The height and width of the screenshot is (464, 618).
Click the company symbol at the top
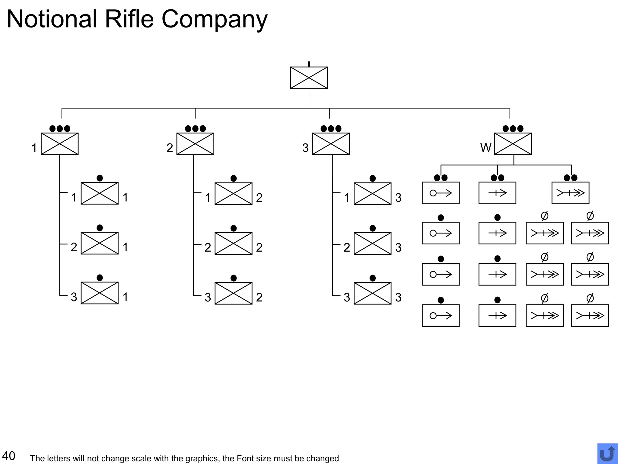tap(309, 78)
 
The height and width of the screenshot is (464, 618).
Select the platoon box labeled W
tap(513, 144)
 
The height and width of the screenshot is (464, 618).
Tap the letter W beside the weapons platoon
tap(486, 148)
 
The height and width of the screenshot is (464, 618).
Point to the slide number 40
tap(8, 456)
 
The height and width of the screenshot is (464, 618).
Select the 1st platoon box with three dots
tap(59, 144)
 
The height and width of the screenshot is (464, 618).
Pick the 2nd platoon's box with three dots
tap(195, 144)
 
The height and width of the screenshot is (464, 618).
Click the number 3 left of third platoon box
tap(305, 148)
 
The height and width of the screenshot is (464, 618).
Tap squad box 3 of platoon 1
tap(100, 293)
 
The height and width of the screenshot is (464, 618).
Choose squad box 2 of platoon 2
tap(233, 243)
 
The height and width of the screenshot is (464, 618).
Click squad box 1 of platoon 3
tap(372, 194)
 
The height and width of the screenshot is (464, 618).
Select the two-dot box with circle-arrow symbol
tap(441, 193)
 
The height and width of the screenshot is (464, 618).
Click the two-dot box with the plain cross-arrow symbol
tap(497, 193)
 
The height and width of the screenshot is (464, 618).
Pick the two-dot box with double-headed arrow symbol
tap(570, 193)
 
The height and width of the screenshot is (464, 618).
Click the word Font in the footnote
tap(245, 459)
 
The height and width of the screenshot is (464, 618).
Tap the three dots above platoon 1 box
tap(59, 129)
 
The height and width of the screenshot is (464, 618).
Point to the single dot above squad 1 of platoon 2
tap(233, 179)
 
